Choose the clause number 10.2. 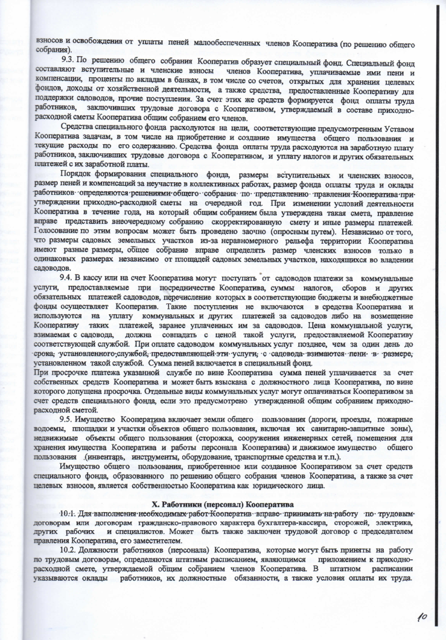(x=69, y=551)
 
